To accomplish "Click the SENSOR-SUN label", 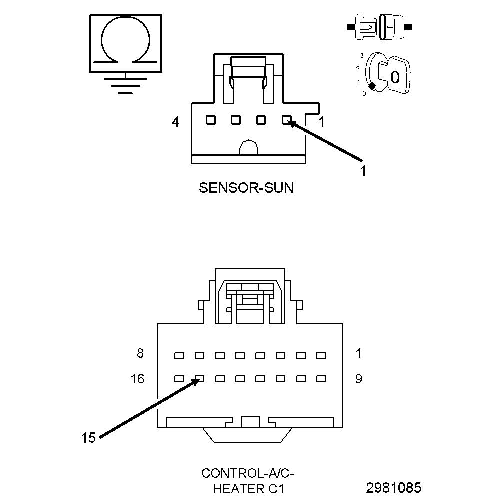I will point(246,188).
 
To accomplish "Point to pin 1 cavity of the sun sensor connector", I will point(286,120).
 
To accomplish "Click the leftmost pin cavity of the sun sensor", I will point(210,120).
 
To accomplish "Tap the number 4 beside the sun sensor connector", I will point(175,121).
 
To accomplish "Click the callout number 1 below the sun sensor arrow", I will point(363,171).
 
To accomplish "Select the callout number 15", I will point(88,438).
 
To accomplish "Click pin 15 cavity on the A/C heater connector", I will point(199,379).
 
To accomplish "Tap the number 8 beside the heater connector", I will point(140,354).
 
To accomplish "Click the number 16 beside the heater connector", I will point(138,379).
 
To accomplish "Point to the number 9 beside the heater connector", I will point(358,379).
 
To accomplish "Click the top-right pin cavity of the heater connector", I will point(321,356).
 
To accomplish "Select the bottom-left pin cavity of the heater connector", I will point(179,379).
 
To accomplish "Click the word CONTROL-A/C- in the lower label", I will point(244,473).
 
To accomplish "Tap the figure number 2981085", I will point(393,487).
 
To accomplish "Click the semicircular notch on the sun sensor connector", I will point(248,148).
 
